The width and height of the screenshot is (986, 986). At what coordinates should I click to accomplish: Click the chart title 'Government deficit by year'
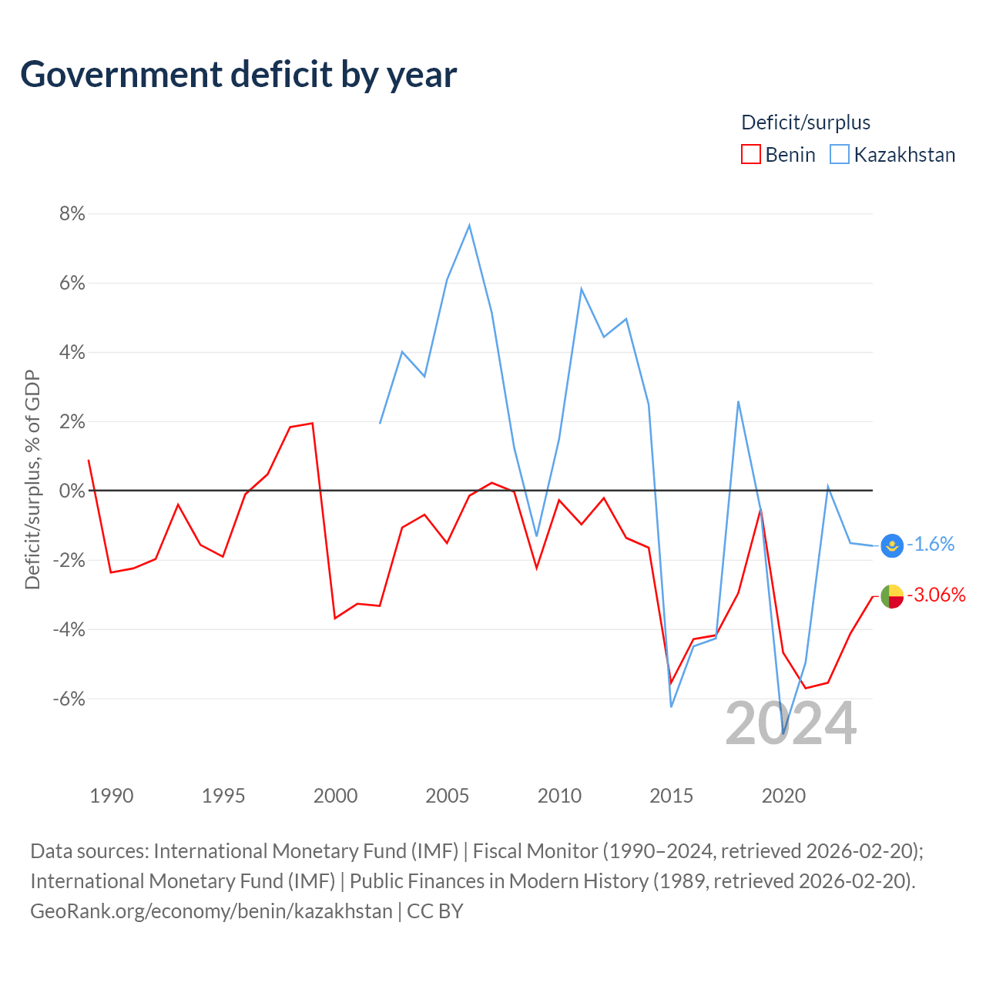238,75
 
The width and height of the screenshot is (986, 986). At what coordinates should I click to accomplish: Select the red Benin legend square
750,154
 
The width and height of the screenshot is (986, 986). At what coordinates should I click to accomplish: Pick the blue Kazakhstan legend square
839,154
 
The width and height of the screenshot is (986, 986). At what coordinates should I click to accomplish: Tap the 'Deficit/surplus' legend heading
806,122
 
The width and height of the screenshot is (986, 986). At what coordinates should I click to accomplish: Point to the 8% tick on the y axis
72,214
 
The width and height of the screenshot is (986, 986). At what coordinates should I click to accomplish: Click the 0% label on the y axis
72,491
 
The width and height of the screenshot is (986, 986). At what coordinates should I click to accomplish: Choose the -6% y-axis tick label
69,699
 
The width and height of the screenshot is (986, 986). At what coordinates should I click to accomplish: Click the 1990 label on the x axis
112,796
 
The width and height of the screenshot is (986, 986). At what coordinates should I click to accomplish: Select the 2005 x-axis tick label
448,796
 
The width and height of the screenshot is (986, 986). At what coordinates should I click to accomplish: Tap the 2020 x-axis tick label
783,796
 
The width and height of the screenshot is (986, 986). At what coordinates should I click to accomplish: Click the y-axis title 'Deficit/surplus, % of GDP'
32,479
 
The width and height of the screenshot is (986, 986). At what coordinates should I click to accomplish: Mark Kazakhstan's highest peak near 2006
469,225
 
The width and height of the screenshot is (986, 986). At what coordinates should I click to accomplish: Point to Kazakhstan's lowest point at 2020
783,733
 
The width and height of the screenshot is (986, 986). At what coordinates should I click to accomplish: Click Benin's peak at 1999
312,423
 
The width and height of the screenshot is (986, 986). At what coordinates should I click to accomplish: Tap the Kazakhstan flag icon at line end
892,545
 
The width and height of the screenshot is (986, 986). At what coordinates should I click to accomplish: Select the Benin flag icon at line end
892,597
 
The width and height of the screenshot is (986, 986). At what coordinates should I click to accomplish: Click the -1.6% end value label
931,544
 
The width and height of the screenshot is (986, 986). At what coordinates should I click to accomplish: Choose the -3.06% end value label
937,595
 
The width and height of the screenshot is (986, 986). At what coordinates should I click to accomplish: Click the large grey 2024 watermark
791,723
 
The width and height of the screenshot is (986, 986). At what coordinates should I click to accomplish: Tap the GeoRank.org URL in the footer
211,911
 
